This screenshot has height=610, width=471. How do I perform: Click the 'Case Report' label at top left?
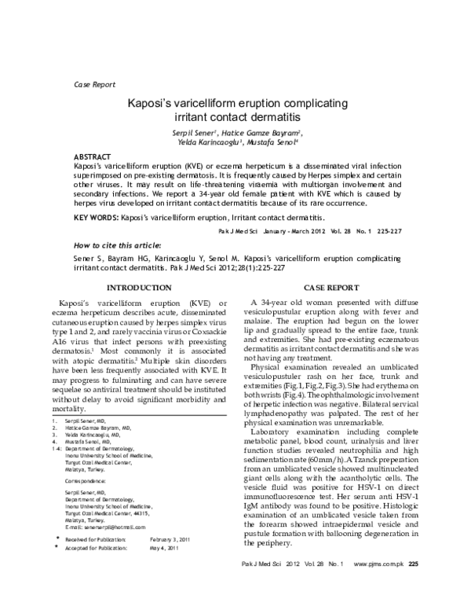(x=93, y=84)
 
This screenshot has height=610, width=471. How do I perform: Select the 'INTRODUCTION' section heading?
(x=139, y=288)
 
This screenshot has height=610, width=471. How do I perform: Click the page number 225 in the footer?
(x=414, y=586)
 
